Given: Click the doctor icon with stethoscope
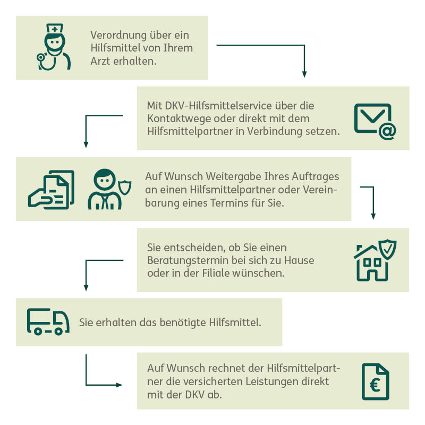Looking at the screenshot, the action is point(54,47).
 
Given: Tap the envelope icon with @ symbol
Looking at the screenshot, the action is point(375,122).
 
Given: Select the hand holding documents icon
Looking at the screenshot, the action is point(51,190).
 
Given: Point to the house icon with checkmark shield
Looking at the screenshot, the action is point(375,260).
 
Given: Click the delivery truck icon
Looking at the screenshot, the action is point(48,322).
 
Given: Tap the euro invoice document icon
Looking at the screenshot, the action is point(376,381).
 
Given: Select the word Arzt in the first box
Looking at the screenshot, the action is point(100,61).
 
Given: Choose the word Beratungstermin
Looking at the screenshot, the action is point(188,260).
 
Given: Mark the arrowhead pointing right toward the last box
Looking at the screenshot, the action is point(119,385).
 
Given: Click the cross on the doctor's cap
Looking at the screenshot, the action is point(55,29).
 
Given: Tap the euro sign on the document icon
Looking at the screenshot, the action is point(375,385).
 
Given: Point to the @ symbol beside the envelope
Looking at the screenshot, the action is point(387,131).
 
